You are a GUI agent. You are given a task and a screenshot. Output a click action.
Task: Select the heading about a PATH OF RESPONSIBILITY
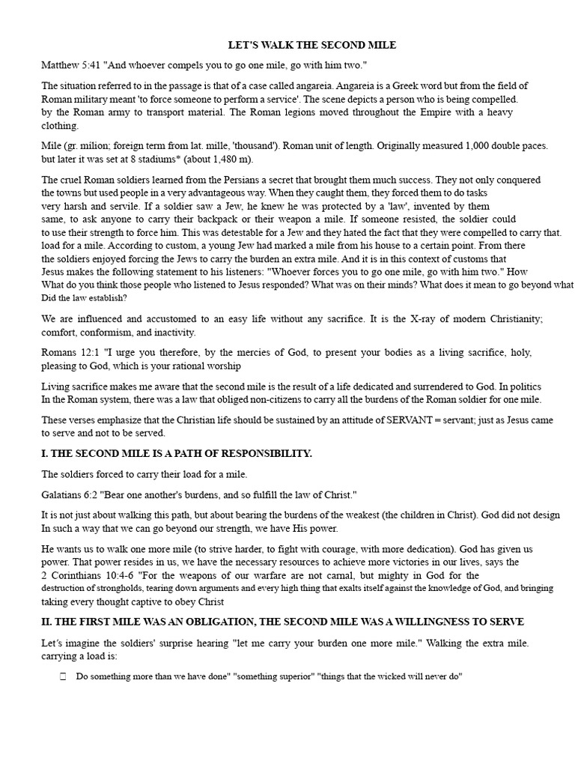[177, 454]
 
